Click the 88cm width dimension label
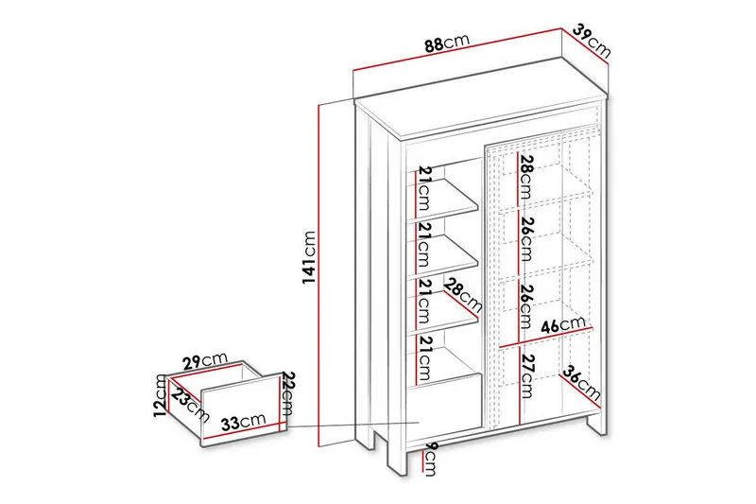coord(446,43)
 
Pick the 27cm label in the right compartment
coord(526,374)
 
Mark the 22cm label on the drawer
coord(288,395)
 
